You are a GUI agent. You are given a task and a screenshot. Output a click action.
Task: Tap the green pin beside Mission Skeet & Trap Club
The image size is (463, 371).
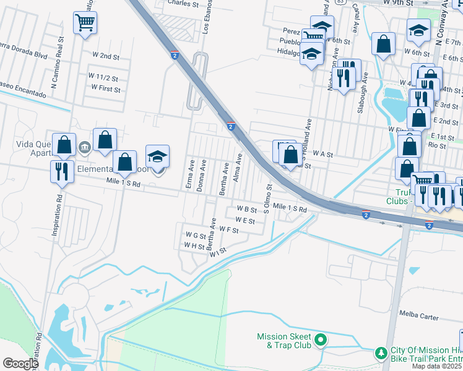click(x=321, y=339)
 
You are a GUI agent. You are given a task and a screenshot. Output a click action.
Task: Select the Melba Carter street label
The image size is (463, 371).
click(x=419, y=317)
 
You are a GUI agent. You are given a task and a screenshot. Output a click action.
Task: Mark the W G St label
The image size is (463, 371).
click(x=196, y=235)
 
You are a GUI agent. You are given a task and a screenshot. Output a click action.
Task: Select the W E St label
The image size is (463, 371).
click(x=245, y=220)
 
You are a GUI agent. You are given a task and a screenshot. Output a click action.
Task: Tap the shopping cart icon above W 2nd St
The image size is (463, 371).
click(x=84, y=23)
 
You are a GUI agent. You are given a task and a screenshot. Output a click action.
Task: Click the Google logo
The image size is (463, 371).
click(x=20, y=364)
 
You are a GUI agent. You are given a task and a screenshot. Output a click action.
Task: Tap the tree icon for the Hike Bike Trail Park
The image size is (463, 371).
click(x=381, y=352)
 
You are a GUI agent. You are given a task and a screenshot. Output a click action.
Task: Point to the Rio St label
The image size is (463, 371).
click(x=437, y=145)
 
